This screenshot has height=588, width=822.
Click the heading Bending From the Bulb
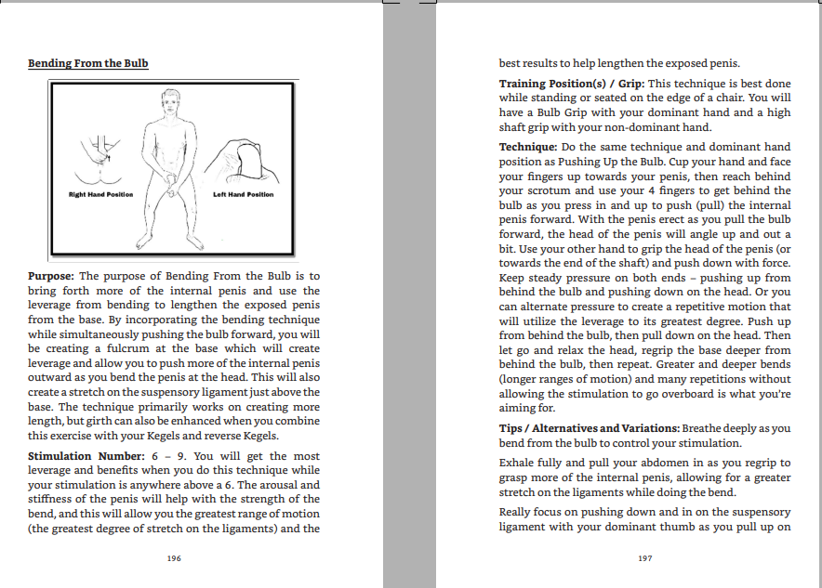click(88, 63)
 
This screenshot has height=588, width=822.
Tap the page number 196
click(174, 558)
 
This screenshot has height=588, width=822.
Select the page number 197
click(645, 558)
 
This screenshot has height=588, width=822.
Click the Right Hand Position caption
click(100, 194)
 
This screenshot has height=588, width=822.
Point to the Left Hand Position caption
click(244, 194)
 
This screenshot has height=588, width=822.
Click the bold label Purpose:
click(51, 276)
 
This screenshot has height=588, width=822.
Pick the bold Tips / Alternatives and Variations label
click(589, 428)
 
